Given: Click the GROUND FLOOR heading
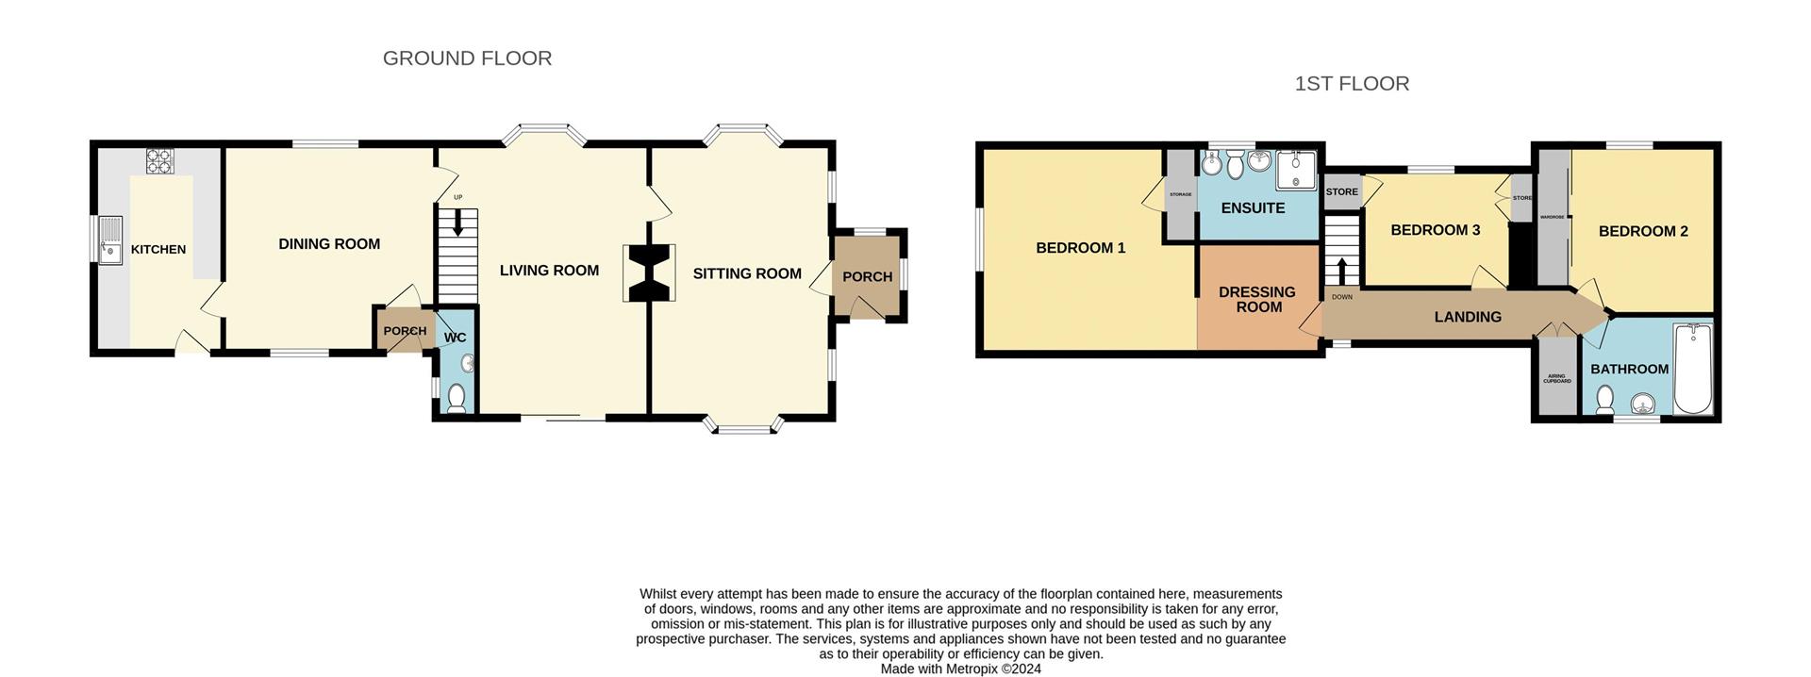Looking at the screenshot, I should click(x=467, y=58).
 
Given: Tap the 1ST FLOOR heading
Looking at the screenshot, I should click(x=1351, y=84).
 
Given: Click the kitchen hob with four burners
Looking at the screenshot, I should click(x=159, y=161).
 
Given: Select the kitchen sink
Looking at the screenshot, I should click(x=110, y=240).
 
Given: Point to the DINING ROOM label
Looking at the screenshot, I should click(x=329, y=244).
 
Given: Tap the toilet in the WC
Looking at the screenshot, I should click(x=457, y=398).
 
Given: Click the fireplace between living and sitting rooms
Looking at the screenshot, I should click(x=649, y=272).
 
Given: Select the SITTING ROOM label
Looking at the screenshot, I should click(x=747, y=274).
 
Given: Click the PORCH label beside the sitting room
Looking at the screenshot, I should click(x=867, y=277).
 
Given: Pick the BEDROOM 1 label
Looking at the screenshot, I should click(x=1080, y=248).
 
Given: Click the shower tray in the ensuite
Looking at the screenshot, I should click(x=1294, y=171).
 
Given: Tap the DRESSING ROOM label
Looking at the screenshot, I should click(x=1256, y=300).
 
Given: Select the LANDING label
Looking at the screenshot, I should click(x=1467, y=317).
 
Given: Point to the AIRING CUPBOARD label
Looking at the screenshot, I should click(x=1556, y=379).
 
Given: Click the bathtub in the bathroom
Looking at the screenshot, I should click(x=1693, y=369).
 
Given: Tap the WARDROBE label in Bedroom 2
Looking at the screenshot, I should click(x=1552, y=217).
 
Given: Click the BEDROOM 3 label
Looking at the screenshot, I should click(x=1435, y=230).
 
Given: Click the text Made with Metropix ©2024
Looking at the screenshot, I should click(x=960, y=669).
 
